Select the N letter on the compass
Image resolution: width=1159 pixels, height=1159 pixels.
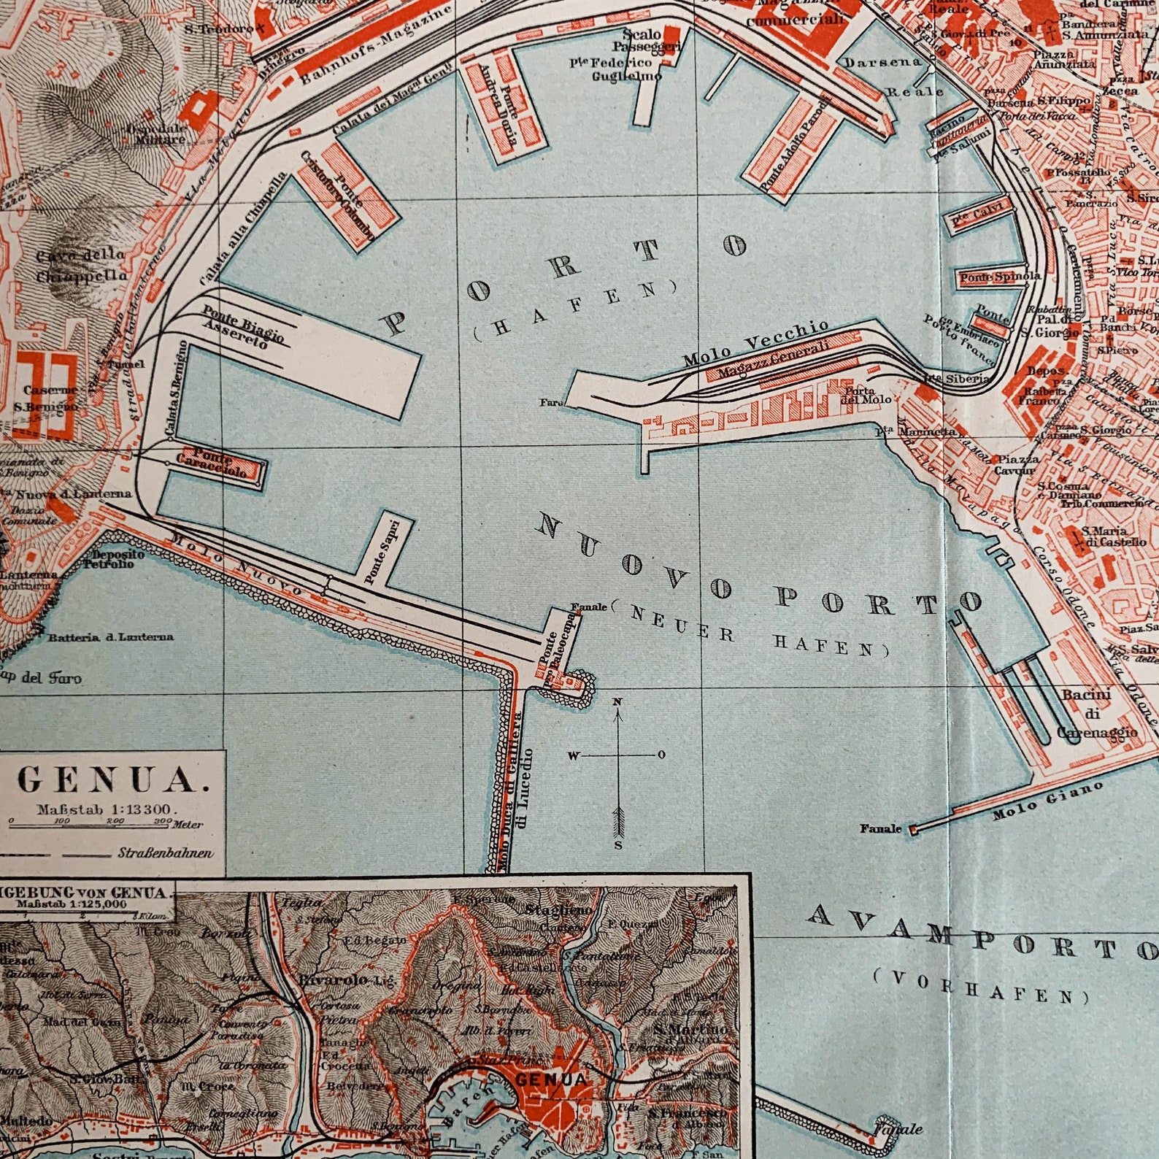click(x=617, y=702)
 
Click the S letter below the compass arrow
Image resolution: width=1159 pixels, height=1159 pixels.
click(x=617, y=845)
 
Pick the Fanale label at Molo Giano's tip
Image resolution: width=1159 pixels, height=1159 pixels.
click(x=879, y=828)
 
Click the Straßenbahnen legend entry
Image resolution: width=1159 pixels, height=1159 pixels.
click(x=165, y=852)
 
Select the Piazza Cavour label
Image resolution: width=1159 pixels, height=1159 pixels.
click(x=1017, y=465)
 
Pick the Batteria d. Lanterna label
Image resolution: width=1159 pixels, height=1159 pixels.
click(x=111, y=637)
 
